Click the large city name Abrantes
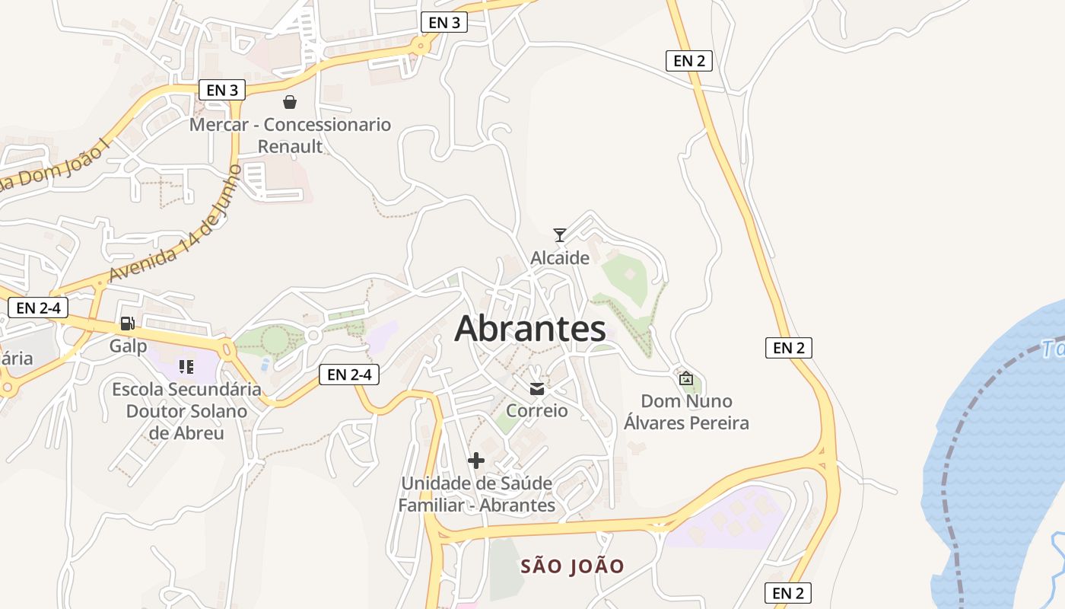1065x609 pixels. (530, 329)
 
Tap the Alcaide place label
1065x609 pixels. (560, 258)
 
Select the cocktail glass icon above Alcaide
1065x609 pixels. (560, 234)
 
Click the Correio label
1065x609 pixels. (537, 410)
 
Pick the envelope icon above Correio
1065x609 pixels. (537, 389)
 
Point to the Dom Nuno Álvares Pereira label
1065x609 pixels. (686, 412)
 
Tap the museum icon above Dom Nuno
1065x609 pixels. (686, 378)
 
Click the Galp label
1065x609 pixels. (128, 346)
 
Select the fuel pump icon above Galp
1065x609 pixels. (128, 324)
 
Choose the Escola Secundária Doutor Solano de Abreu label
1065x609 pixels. (186, 411)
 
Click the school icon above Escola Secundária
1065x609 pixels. (186, 367)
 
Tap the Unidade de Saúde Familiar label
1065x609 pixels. (477, 494)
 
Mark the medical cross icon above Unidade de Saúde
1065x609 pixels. (476, 461)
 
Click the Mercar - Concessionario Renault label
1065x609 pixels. (290, 135)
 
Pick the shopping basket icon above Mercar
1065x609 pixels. (290, 102)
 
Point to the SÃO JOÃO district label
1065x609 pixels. (572, 566)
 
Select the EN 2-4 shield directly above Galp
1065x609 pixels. (38, 308)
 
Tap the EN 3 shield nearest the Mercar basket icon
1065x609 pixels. (222, 90)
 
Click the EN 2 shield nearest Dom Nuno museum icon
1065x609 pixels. (789, 348)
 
